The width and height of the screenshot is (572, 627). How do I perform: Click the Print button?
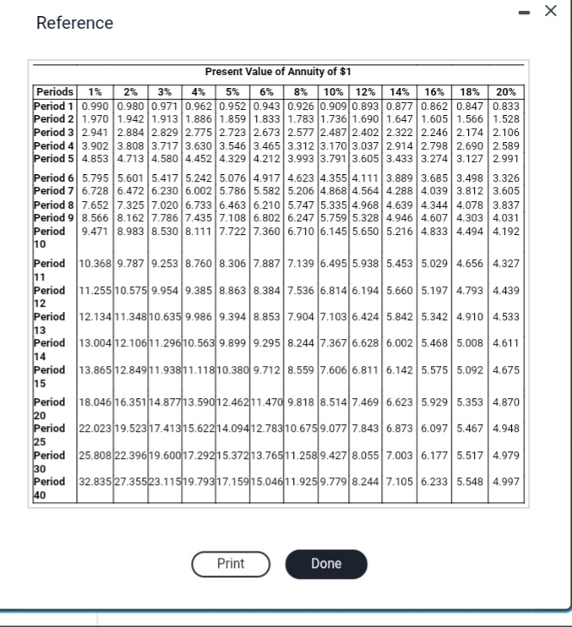click(231, 564)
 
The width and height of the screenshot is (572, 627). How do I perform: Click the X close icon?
click(551, 11)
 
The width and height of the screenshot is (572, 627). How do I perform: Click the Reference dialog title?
click(74, 23)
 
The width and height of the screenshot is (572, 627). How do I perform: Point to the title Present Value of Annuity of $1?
click(278, 72)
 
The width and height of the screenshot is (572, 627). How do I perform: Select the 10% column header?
click(334, 91)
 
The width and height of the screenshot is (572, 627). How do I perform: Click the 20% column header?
click(506, 91)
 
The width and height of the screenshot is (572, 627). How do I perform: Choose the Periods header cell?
click(55, 91)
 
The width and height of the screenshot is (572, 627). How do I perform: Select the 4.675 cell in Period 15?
click(506, 369)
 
